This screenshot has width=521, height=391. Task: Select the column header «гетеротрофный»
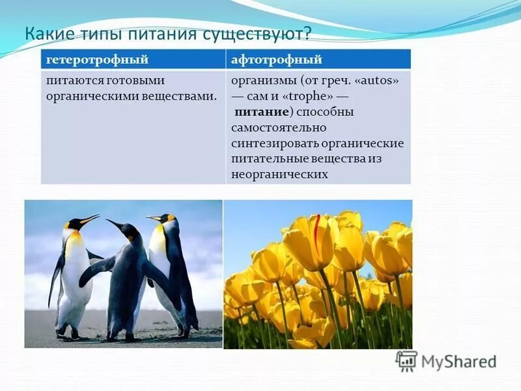[97, 60]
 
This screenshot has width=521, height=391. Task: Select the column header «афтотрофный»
[277, 60]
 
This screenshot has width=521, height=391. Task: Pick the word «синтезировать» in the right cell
[270, 143]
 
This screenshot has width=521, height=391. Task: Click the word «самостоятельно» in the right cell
[279, 128]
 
